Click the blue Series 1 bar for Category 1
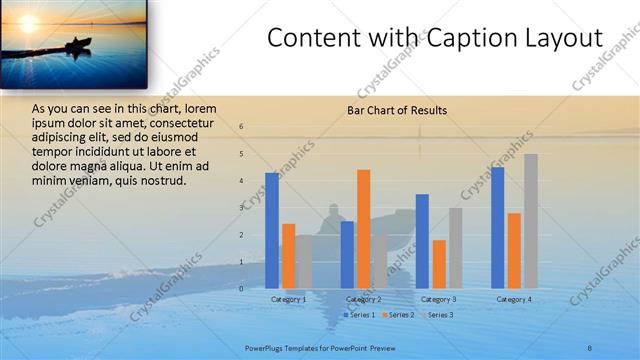[x=272, y=231]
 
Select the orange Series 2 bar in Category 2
[x=363, y=229]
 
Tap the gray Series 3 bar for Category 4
[x=531, y=221]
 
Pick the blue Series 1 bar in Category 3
[x=422, y=241]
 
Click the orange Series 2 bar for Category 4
[x=514, y=251]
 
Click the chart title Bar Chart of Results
[x=397, y=110]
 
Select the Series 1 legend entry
[x=361, y=315]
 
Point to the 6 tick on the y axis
[x=241, y=127]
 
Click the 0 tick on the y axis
[x=241, y=289]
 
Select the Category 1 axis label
[x=289, y=300]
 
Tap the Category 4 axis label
[x=514, y=300]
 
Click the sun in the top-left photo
[x=26, y=21]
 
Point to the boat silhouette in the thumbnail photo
[x=76, y=44]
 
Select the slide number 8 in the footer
[x=590, y=346]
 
